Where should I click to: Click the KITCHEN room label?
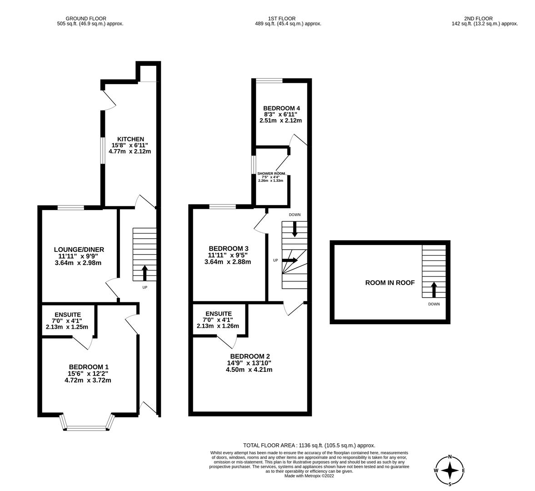[130, 139]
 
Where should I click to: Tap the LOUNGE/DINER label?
[79, 250]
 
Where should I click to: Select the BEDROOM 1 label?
[89, 367]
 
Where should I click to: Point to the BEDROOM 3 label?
[228, 249]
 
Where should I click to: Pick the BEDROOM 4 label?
[281, 108]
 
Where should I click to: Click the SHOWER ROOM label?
[271, 174]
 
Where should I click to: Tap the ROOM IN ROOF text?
[390, 283]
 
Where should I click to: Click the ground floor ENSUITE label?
[68, 315]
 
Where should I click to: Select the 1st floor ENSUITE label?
[218, 314]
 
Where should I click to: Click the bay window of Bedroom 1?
[86, 427]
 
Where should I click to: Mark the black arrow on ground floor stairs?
[145, 273]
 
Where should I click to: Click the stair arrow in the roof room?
[433, 289]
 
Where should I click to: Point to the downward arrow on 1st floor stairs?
[295, 229]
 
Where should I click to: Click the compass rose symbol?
[450, 471]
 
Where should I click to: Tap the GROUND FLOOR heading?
[86, 19]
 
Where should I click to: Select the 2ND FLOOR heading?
[478, 19]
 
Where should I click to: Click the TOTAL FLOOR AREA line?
[309, 446]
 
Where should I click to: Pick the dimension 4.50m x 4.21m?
[249, 370]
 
